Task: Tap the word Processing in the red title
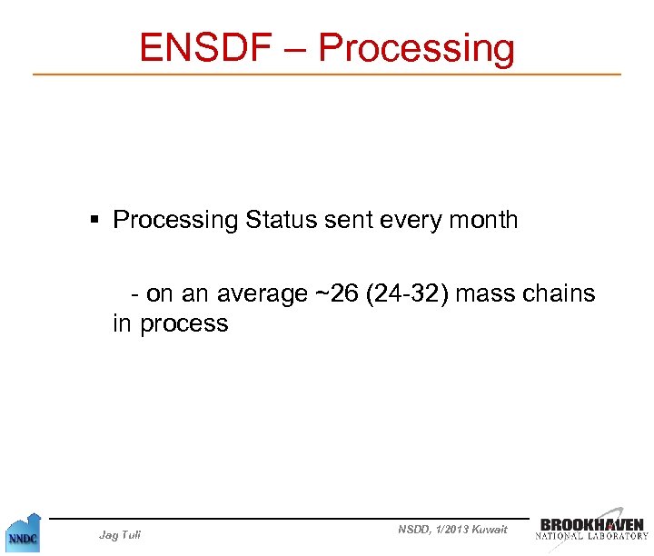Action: click(417, 49)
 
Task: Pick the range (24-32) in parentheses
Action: click(405, 294)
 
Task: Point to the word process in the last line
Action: click(184, 323)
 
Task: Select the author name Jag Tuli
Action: click(120, 534)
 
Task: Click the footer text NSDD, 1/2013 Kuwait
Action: click(452, 530)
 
